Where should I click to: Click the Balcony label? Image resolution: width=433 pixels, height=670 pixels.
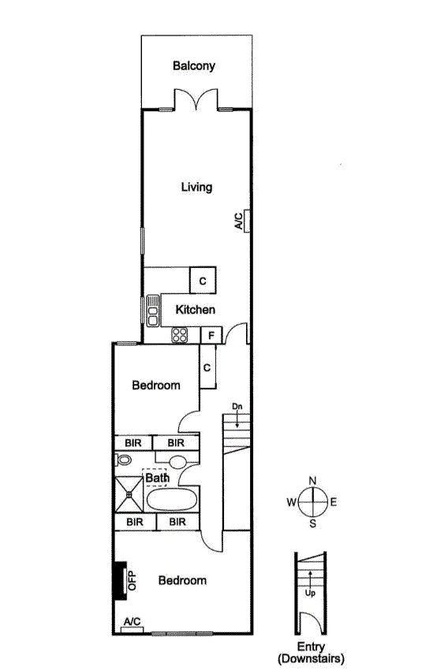coord(194,65)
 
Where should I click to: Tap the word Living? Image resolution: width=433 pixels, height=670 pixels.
coord(196,187)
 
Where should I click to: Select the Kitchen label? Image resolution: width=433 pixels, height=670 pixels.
coord(196,309)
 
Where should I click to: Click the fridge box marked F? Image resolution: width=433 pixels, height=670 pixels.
coord(211,336)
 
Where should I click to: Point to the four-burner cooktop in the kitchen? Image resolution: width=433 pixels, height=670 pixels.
coord(180,334)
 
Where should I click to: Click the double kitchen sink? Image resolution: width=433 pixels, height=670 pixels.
coord(152,311)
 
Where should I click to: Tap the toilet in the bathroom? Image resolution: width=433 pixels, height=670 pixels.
coord(123,460)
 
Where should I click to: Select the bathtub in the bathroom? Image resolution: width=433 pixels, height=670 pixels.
coord(172,500)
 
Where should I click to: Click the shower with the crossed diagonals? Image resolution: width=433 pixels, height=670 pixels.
coord(129,495)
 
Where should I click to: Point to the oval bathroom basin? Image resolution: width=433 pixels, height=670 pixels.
coord(177,463)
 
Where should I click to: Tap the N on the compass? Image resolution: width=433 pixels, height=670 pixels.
coord(312,481)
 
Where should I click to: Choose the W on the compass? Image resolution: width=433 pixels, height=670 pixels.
coord(291,502)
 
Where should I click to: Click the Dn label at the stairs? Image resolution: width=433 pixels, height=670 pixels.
coord(237,407)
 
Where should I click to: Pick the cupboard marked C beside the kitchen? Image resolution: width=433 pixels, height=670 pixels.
coord(203,281)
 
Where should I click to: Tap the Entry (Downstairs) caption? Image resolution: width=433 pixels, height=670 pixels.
coord(311,653)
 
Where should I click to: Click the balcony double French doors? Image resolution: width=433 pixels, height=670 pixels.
coord(196,99)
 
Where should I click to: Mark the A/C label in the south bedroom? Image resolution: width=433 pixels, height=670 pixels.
coord(132,622)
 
